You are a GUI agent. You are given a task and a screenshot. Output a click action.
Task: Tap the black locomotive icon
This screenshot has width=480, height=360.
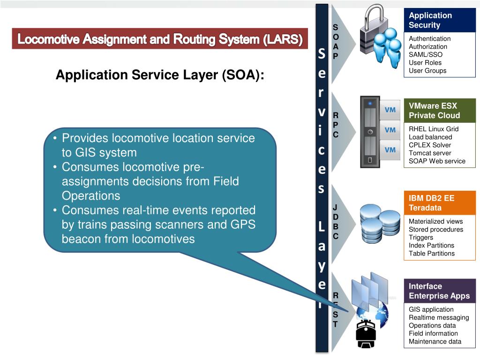pyautogui.click(x=366, y=336)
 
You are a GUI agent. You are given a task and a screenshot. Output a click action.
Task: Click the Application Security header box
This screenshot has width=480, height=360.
pyautogui.click(x=440, y=20)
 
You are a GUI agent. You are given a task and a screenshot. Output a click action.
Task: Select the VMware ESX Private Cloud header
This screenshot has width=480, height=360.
pyautogui.click(x=440, y=111)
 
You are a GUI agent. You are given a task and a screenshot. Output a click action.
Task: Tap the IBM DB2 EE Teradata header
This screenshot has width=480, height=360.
pyautogui.click(x=440, y=203)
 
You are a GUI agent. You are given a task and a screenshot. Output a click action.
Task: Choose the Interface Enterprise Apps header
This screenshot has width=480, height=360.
pyautogui.click(x=440, y=291)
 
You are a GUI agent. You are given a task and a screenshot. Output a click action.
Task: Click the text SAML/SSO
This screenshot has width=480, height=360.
pyautogui.click(x=425, y=55)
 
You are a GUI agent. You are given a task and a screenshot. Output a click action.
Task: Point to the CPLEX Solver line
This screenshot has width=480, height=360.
pyautogui.click(x=430, y=145)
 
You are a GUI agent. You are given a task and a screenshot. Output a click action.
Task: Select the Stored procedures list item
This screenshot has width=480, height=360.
pyautogui.click(x=435, y=230)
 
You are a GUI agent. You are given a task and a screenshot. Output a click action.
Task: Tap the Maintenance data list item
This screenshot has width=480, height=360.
pyautogui.click(x=435, y=342)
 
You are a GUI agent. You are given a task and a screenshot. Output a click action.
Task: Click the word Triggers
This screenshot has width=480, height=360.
pyautogui.click(x=421, y=238)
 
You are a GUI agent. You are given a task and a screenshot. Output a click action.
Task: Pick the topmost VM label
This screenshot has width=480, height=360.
pyautogui.click(x=390, y=110)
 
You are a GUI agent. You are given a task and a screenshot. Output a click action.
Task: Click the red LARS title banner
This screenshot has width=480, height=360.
pyautogui.click(x=160, y=39)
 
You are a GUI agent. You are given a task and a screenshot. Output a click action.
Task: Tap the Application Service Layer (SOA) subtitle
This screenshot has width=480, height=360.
pyautogui.click(x=160, y=75)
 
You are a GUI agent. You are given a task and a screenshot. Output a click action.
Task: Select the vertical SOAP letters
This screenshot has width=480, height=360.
pyautogui.click(x=336, y=41)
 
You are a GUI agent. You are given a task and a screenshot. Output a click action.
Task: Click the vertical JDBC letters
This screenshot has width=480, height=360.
pyautogui.click(x=336, y=222)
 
